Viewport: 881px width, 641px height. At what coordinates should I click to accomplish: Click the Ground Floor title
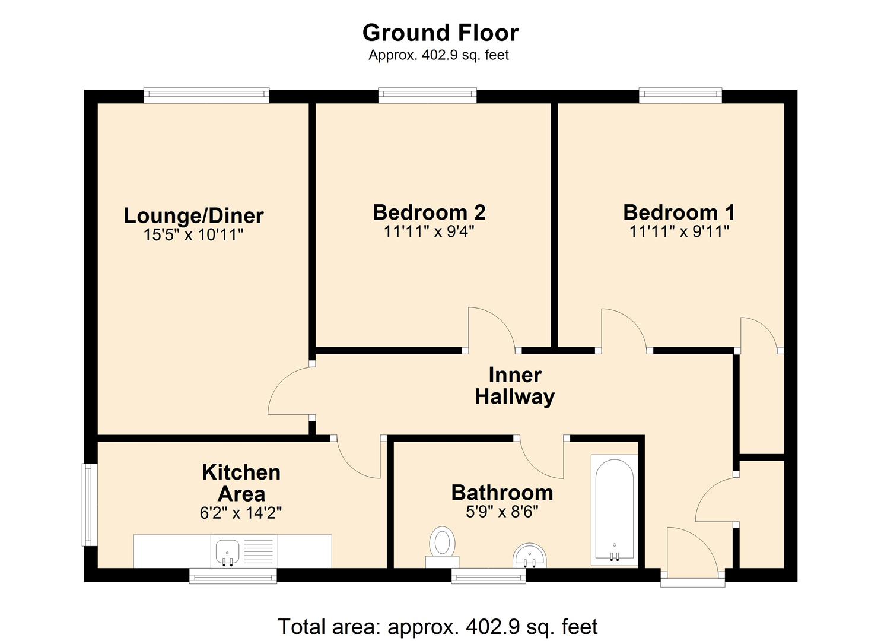[x=440, y=33]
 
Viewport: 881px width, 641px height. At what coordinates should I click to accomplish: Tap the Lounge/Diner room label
[x=193, y=215]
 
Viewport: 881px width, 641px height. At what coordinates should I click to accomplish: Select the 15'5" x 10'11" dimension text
[x=193, y=235]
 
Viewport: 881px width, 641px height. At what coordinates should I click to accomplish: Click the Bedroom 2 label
[x=429, y=212]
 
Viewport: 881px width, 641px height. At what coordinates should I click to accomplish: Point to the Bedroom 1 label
[x=679, y=212]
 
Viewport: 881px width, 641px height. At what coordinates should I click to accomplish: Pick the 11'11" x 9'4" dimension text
[x=429, y=231]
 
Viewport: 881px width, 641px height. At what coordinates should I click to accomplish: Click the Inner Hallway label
[x=514, y=386]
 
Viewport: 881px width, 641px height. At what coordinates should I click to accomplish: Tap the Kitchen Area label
[x=241, y=483]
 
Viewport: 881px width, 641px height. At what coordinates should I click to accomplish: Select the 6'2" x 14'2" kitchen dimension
[x=241, y=513]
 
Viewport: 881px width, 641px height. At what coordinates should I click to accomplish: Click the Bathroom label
[x=502, y=493]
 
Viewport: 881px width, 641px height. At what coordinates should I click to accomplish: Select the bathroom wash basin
[x=529, y=556]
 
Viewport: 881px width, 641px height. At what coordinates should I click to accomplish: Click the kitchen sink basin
[x=227, y=551]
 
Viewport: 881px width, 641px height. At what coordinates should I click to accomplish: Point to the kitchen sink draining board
[x=259, y=551]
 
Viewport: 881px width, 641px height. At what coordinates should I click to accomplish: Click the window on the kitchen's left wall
[x=89, y=504]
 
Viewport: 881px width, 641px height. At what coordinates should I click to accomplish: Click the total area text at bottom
[x=438, y=627]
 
